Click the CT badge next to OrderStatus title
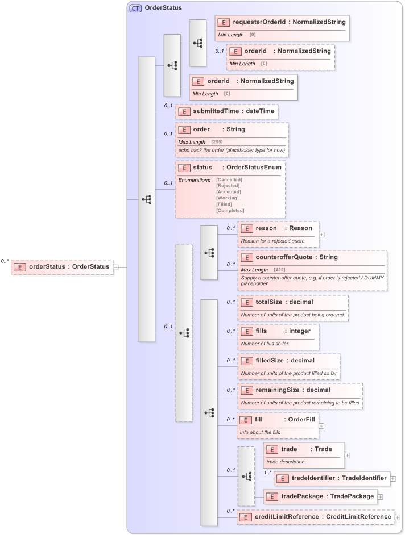click(x=135, y=9)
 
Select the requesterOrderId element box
click(x=282, y=22)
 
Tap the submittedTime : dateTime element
click(x=226, y=111)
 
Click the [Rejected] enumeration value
click(x=228, y=186)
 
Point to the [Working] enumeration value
click(x=228, y=198)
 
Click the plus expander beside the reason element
click(x=322, y=233)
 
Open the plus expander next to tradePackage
click(x=380, y=496)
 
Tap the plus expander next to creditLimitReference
click(x=397, y=517)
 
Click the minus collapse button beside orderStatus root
click(x=115, y=267)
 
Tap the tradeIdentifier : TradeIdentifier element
click(x=332, y=478)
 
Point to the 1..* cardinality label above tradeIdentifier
click(x=267, y=471)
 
